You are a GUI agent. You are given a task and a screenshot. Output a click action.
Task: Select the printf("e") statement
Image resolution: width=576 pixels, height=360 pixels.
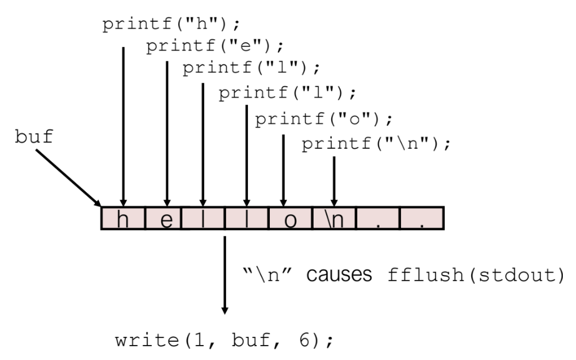tap(216, 47)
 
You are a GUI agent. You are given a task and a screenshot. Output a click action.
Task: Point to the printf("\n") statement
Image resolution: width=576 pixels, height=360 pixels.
tap(377, 144)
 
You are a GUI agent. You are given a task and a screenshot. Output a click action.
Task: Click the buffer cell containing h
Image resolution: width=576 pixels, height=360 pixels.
tap(123, 219)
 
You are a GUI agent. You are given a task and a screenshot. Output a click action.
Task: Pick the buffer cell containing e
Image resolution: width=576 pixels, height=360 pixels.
tap(166, 219)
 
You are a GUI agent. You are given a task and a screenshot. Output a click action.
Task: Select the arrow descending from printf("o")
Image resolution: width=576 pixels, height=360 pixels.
tap(284, 169)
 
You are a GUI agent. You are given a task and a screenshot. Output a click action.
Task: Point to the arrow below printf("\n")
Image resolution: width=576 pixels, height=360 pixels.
tap(335, 181)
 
